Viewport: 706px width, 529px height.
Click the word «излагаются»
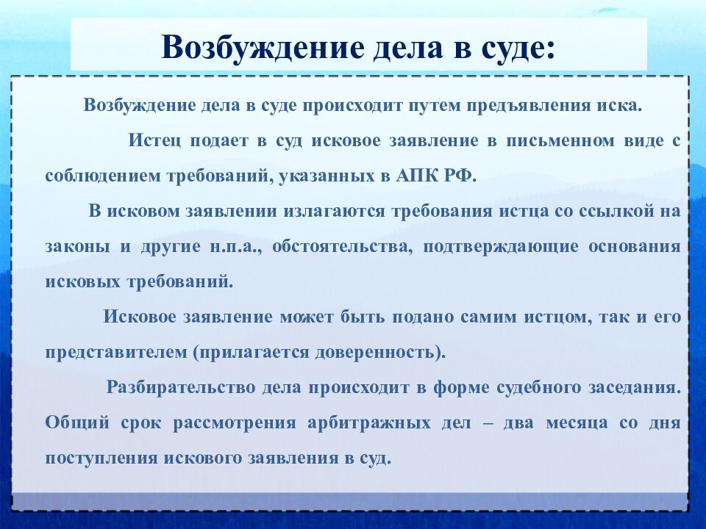coord(327,211)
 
